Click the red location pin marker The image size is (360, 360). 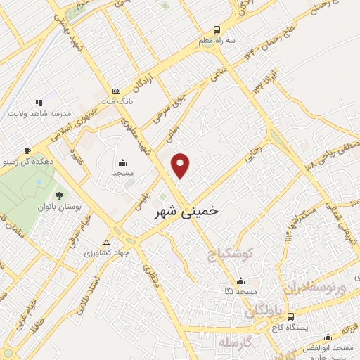pos(181,165)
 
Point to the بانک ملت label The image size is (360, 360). pos(116,102)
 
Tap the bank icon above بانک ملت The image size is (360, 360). pos(116,91)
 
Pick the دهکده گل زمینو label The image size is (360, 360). pos(27,161)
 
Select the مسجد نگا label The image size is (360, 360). pos(240,291)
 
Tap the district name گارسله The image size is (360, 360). pos(235,343)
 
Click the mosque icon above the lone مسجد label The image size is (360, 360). pos(123,161)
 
